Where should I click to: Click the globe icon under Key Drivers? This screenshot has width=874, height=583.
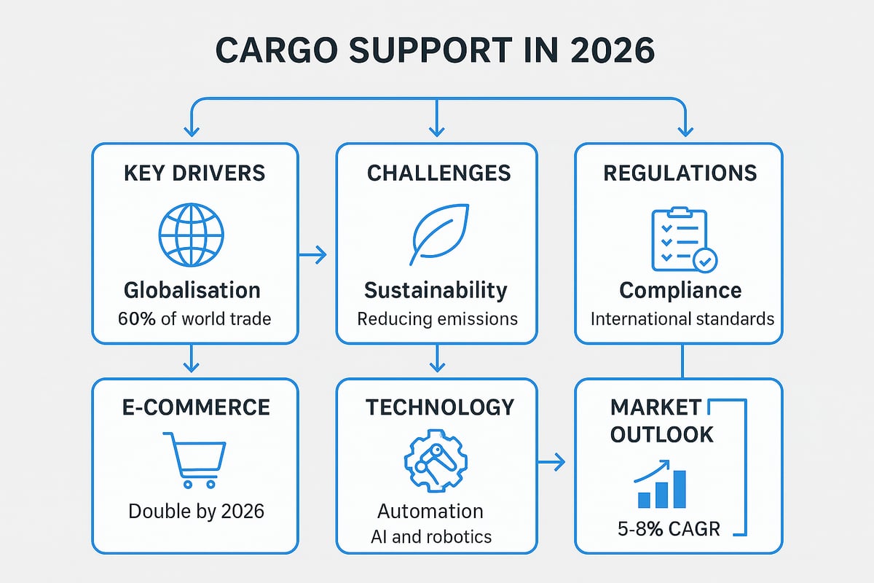pos(192,233)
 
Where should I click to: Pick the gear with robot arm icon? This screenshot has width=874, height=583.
pos(436,461)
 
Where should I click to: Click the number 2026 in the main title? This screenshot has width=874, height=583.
pos(604,52)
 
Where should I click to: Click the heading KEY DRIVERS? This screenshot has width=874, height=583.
pos(194,173)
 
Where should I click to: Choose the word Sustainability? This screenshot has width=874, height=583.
pos(436,290)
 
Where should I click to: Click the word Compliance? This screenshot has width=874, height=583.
pos(680,290)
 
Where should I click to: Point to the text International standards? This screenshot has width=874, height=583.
pos(682,318)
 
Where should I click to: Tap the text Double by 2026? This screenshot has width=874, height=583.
pos(196,511)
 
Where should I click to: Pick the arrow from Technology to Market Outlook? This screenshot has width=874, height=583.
pos(551,461)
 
